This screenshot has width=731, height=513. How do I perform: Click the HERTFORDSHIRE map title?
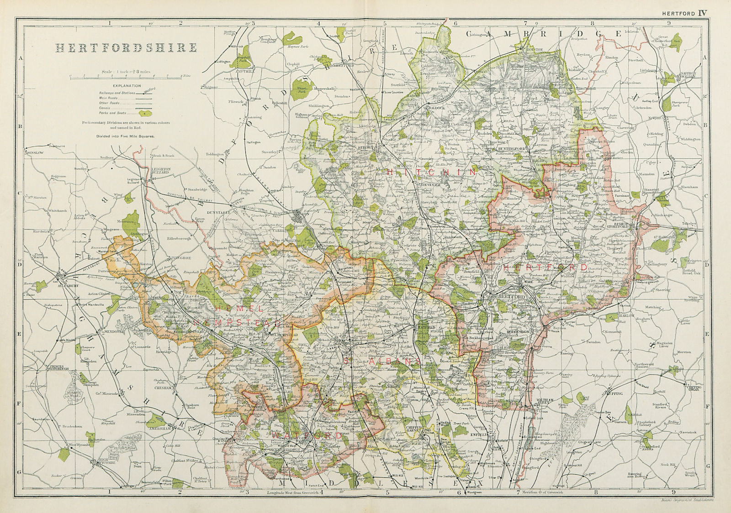point(127,48)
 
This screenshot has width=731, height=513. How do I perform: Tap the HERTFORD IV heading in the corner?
point(684,4)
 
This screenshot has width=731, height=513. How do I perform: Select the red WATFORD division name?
point(307,436)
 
